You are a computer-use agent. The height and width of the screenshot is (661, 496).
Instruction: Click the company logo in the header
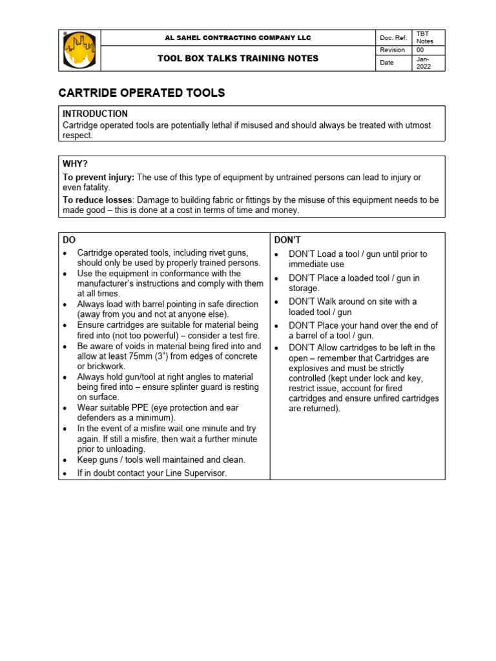(x=79, y=50)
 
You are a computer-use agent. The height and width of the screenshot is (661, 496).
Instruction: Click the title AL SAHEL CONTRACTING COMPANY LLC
(x=238, y=38)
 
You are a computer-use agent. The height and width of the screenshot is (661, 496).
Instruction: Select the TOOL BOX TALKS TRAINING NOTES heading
(x=238, y=59)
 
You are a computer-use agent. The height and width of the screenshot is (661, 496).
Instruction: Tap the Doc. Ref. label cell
(x=393, y=38)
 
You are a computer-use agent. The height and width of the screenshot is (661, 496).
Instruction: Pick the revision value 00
(x=420, y=50)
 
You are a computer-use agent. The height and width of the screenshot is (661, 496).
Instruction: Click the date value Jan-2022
(x=424, y=63)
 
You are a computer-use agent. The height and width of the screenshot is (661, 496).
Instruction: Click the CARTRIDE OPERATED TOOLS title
(x=142, y=93)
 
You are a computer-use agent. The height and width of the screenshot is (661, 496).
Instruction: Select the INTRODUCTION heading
(x=95, y=114)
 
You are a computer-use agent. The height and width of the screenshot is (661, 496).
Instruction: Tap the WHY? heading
(x=75, y=164)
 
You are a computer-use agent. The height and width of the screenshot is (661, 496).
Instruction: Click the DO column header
(x=69, y=239)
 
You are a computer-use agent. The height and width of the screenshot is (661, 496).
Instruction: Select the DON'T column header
(x=287, y=239)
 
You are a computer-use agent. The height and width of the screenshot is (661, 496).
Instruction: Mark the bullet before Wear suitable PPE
(x=65, y=409)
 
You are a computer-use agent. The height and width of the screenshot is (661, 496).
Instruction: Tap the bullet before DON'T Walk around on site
(x=276, y=302)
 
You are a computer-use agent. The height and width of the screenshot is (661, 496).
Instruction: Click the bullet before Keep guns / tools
(x=65, y=460)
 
